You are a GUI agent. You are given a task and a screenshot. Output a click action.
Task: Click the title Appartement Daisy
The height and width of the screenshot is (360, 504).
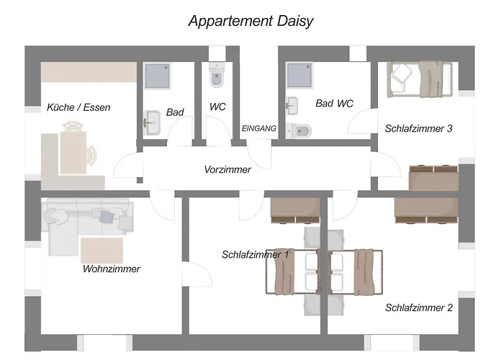[x=251, y=21]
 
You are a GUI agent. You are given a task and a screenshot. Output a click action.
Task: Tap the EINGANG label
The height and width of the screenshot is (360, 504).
[x=258, y=129]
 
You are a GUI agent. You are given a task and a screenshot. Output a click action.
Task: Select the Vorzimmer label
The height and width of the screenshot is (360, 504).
[x=228, y=169]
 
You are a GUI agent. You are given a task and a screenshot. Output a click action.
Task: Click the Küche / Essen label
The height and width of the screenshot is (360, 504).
[x=78, y=107]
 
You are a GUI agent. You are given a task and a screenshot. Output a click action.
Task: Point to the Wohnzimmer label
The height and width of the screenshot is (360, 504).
[x=111, y=269]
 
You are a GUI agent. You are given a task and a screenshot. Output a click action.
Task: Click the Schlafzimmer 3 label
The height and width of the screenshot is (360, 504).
[x=418, y=129]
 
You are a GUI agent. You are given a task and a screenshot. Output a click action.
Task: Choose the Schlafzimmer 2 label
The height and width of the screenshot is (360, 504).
[x=419, y=307]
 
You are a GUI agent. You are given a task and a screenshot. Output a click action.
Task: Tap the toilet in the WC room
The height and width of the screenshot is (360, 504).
[x=216, y=75]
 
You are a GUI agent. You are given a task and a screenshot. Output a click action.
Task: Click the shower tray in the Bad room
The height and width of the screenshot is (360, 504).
[x=157, y=76]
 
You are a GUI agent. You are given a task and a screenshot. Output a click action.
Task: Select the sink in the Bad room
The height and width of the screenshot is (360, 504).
[x=151, y=123]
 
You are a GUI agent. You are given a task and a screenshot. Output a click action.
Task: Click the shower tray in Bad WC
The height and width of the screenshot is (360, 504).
[x=300, y=75]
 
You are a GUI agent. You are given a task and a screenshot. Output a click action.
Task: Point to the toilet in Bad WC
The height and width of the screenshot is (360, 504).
[x=299, y=131]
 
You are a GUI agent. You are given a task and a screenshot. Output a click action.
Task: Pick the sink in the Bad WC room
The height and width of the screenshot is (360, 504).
[x=292, y=105]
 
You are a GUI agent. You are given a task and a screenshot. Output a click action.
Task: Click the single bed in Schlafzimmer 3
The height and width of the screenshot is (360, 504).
[x=420, y=80]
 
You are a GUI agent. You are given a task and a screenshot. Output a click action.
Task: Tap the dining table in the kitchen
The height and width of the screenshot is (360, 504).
[x=73, y=153]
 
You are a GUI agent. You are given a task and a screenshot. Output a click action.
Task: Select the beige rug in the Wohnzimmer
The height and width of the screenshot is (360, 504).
[x=102, y=251]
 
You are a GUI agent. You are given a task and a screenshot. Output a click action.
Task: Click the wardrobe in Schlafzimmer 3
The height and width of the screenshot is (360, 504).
[x=433, y=178]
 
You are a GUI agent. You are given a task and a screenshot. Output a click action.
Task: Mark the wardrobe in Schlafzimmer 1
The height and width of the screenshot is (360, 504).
[x=295, y=210]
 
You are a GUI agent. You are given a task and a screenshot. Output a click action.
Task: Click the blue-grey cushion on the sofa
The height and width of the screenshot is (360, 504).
[x=107, y=216]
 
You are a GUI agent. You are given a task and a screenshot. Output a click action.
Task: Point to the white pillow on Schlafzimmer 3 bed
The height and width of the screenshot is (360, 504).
[x=402, y=74]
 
